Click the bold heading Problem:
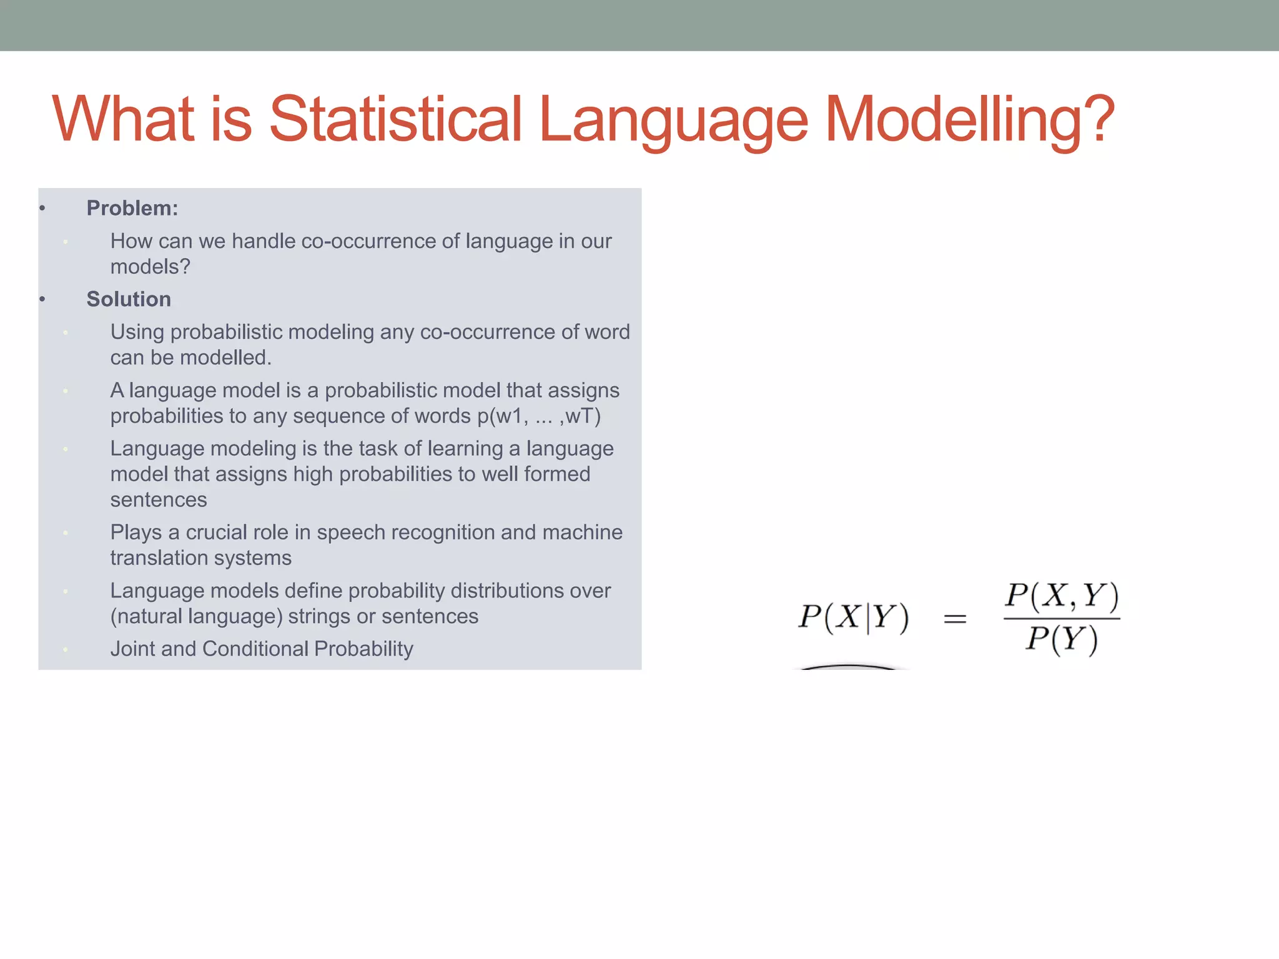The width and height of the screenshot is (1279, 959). pyautogui.click(x=132, y=208)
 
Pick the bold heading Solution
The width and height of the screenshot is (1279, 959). pyautogui.click(x=129, y=299)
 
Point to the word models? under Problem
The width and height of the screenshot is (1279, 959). pyautogui.click(x=150, y=267)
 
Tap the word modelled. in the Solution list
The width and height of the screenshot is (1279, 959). pyautogui.click(x=225, y=357)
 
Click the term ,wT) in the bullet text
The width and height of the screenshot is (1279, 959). pyautogui.click(x=580, y=416)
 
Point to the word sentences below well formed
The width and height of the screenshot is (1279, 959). pyautogui.click(x=159, y=499)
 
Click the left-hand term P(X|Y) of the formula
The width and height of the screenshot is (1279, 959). pyautogui.click(x=854, y=617)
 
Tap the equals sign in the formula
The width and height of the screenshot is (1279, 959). pyautogui.click(x=955, y=619)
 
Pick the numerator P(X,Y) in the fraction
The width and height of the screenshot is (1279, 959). pyautogui.click(x=1062, y=596)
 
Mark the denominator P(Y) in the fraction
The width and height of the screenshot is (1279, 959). pyautogui.click(x=1062, y=639)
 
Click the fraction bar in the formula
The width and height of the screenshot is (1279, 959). pyautogui.click(x=1062, y=619)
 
